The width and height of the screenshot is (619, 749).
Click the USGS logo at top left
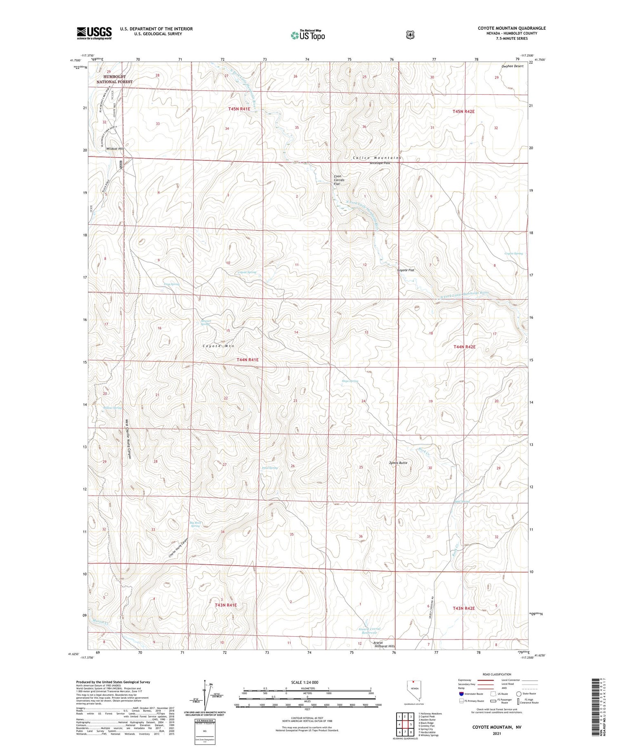[x=94, y=33]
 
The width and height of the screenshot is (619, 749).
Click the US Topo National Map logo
[x=307, y=35]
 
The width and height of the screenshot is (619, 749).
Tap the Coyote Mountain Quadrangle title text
[x=511, y=28]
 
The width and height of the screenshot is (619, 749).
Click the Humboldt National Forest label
[x=114, y=79]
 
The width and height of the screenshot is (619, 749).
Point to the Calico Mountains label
[x=376, y=158]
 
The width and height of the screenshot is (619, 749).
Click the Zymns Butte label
[x=398, y=463]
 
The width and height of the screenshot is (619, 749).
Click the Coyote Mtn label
[x=218, y=346]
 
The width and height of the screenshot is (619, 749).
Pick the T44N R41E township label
[x=248, y=360]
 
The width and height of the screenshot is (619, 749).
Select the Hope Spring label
[x=350, y=381]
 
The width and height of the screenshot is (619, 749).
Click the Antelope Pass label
[x=380, y=163]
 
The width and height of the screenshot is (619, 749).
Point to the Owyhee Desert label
[x=513, y=66]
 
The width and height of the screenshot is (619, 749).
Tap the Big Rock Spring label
[x=195, y=525]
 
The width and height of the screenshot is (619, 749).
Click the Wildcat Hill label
[x=114, y=149]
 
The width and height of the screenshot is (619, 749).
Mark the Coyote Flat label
[x=406, y=270]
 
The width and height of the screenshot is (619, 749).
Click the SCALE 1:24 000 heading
[x=305, y=682]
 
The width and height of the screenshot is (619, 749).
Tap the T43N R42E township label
[x=464, y=608]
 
